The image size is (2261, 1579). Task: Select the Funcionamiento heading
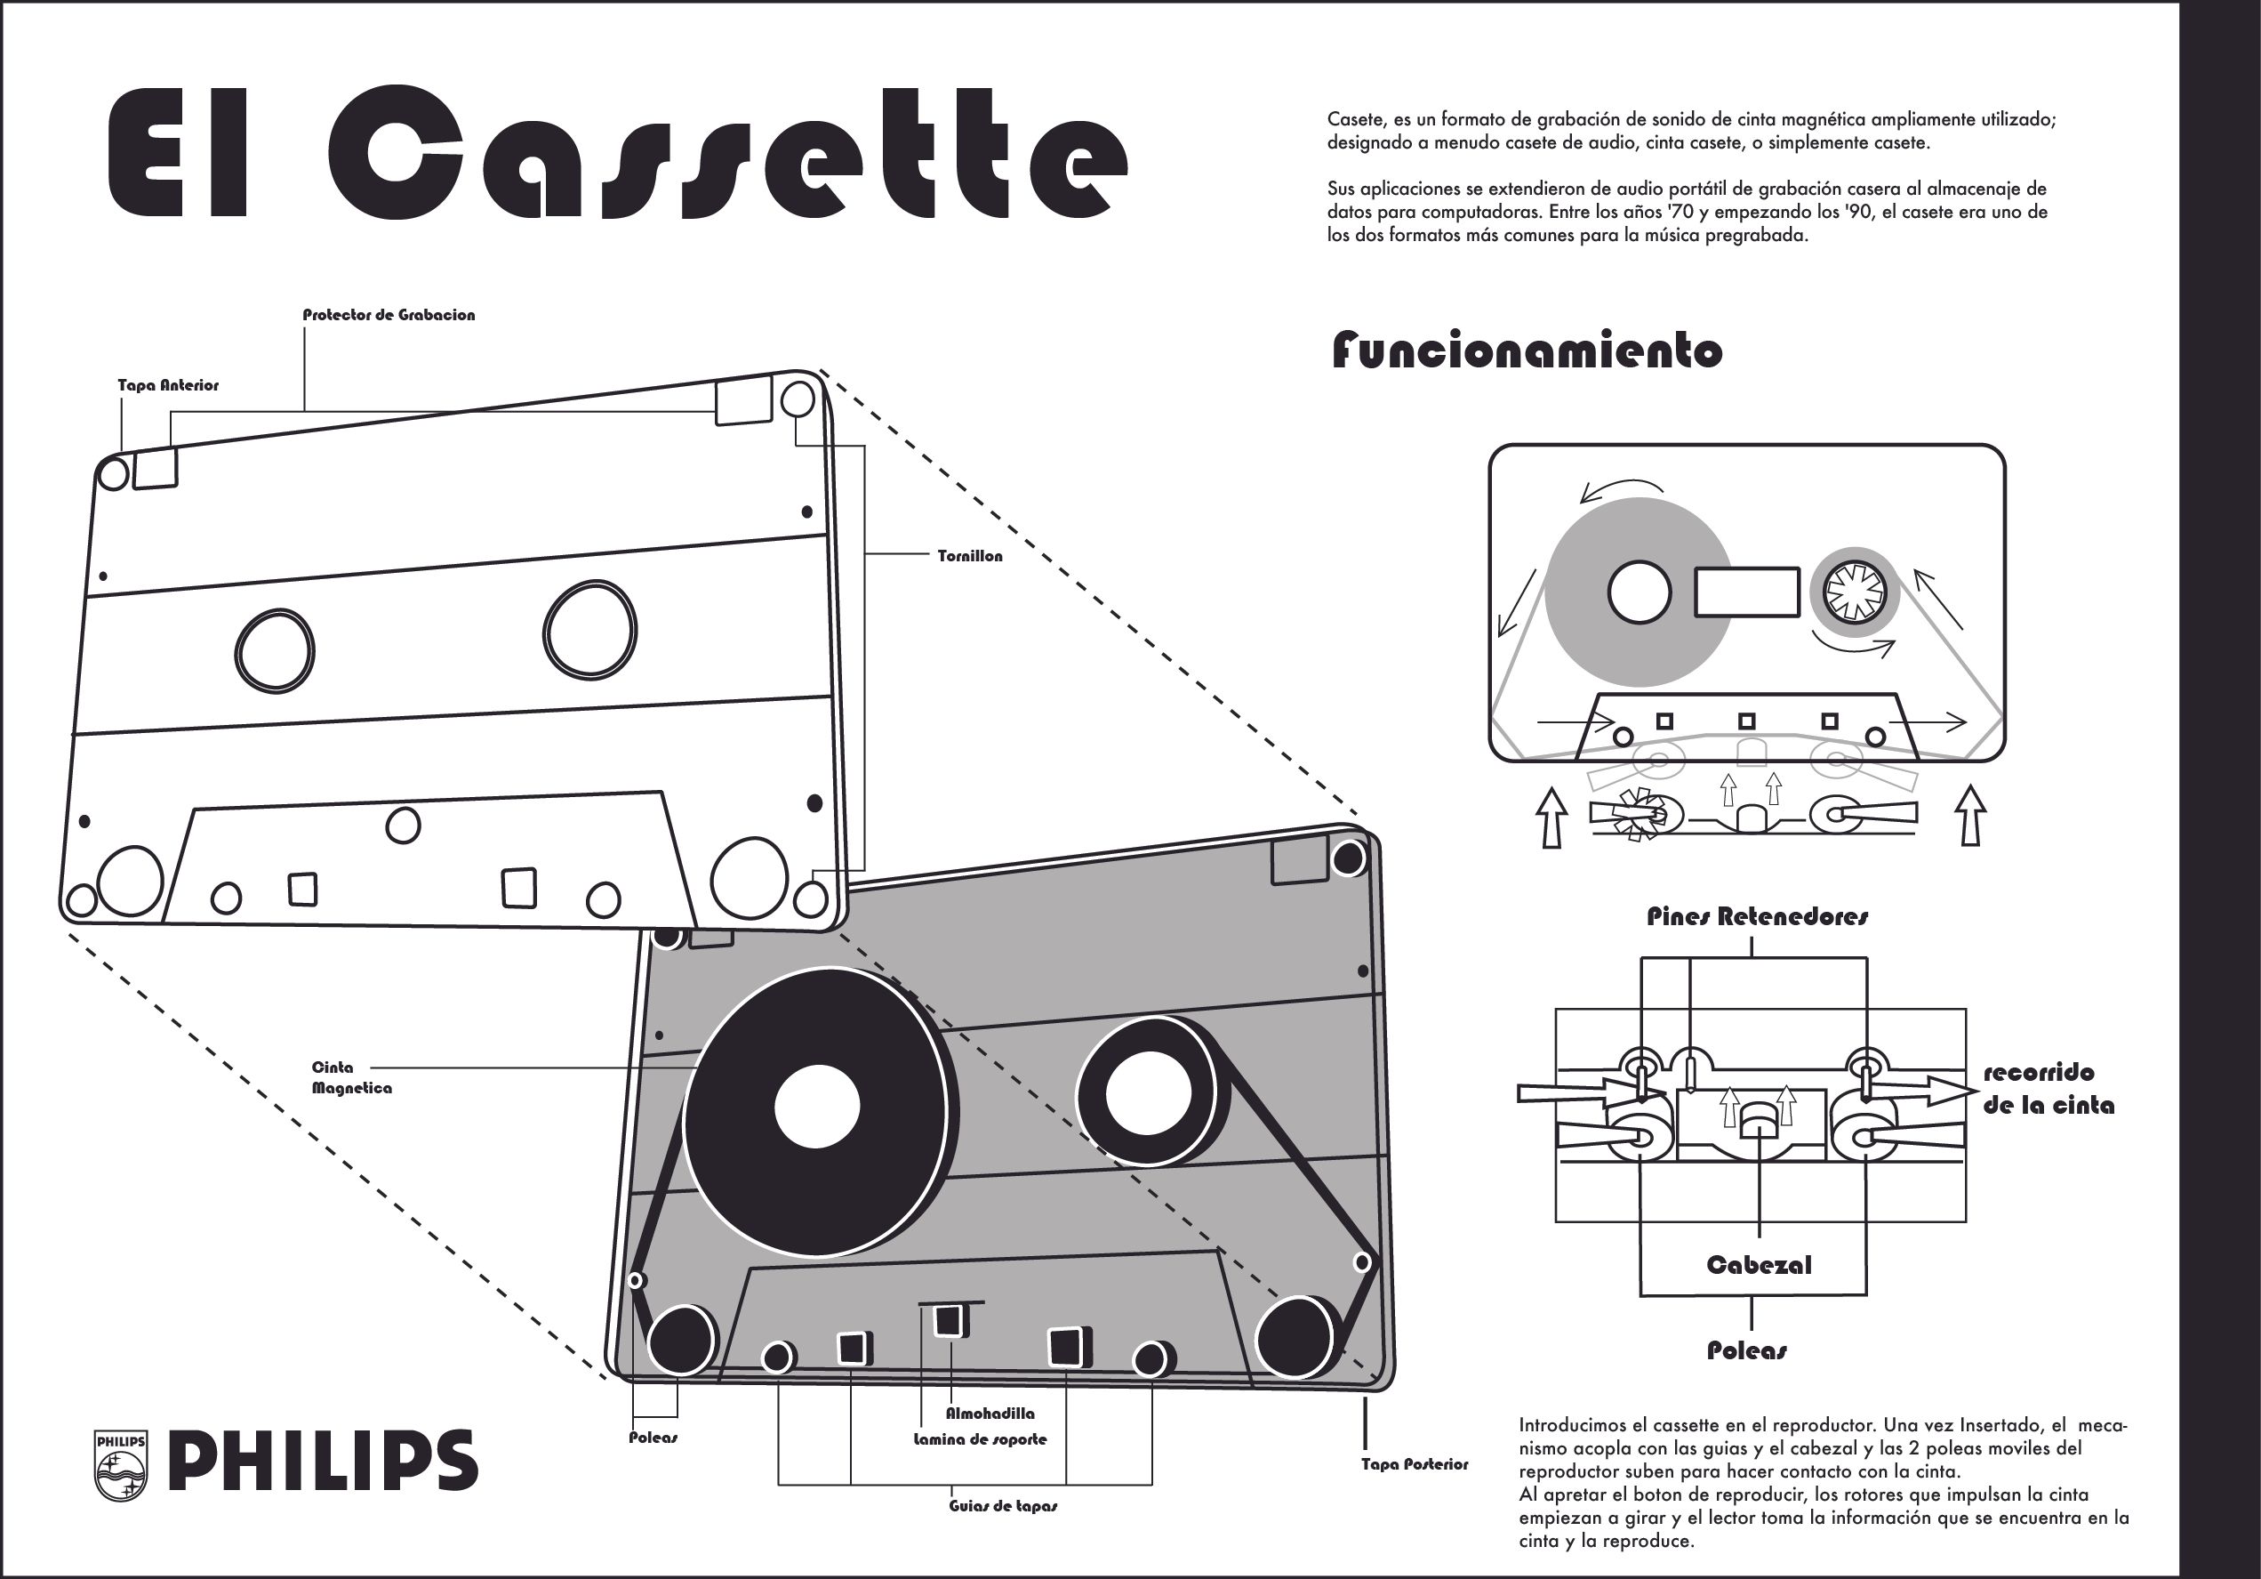click(1527, 350)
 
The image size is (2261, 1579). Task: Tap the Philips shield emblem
click(120, 1466)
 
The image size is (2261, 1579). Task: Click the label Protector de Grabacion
click(388, 315)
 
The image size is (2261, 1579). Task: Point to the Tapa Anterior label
click(168, 385)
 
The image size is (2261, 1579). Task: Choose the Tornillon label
click(970, 557)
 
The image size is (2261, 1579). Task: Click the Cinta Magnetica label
click(351, 1077)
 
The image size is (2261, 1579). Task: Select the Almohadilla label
click(990, 1414)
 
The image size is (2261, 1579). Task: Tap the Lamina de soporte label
click(980, 1439)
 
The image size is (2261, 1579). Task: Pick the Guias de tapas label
click(1003, 1506)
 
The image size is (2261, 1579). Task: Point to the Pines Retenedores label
click(1758, 917)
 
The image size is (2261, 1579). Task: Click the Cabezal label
click(1759, 1265)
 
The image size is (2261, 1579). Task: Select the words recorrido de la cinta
click(2049, 1089)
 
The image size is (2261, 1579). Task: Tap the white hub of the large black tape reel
click(816, 1106)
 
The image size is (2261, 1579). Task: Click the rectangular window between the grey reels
click(1747, 592)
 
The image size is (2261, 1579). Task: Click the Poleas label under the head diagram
click(1747, 1350)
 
